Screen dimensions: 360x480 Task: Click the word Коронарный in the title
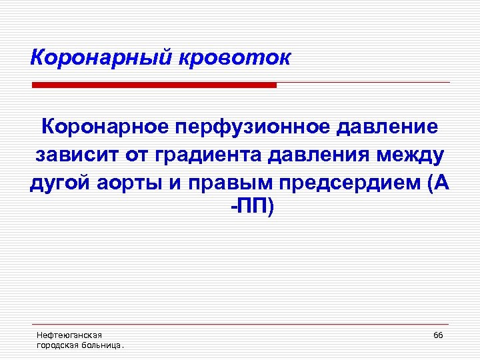101,58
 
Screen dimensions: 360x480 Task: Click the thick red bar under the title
154,85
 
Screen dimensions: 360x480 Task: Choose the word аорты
126,184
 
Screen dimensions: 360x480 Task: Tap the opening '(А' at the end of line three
435,184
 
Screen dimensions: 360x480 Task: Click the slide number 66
438,335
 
